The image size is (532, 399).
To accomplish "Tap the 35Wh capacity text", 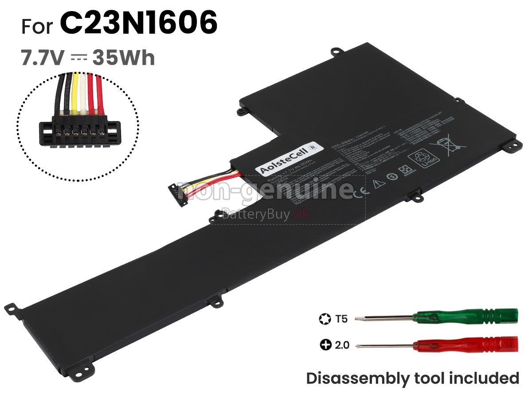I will (x=124, y=58).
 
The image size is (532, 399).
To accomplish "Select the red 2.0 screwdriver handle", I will (x=465, y=344).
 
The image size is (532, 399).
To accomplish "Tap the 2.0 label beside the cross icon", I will (x=341, y=344).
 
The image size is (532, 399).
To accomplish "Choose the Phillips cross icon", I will (x=325, y=344).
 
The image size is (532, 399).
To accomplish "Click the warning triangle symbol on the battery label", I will (x=378, y=184).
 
